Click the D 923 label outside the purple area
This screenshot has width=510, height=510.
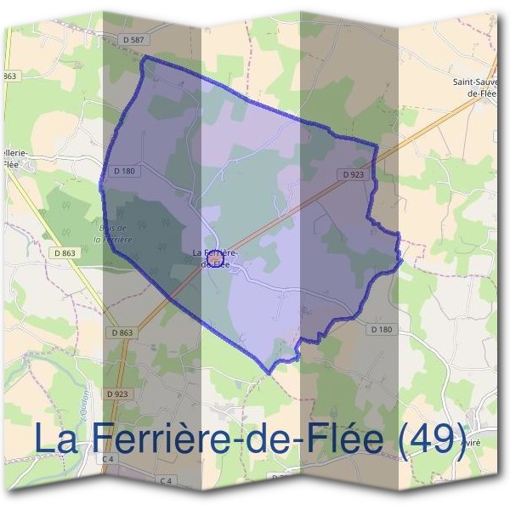pos(118,394)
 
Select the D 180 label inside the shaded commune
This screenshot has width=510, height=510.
pos(124,171)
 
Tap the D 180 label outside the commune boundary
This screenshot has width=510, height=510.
pos(382,329)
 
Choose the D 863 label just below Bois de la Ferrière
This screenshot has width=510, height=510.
pos(64,252)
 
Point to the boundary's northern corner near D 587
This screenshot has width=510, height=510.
pos(144,56)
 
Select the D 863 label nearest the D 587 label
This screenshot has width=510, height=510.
pos(9,77)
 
